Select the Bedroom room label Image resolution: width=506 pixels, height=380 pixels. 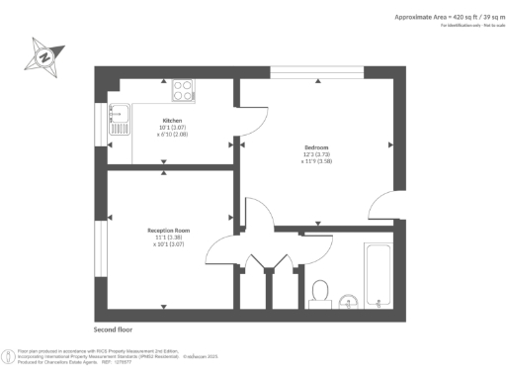point(316,148)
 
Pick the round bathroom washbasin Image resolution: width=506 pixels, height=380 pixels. point(347,300)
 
